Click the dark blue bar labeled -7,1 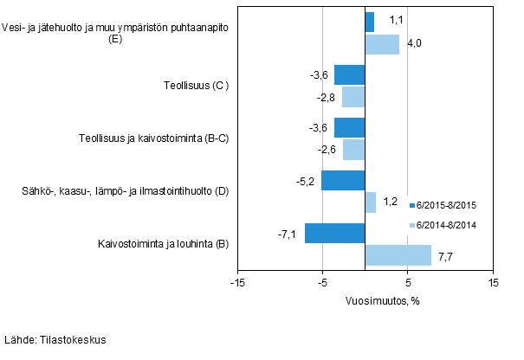(334, 233)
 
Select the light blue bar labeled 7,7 (398, 254)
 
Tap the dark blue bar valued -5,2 (343, 180)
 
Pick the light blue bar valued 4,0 (382, 44)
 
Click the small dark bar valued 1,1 (370, 22)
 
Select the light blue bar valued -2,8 (353, 97)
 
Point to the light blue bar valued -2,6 (354, 150)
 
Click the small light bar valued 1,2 (371, 202)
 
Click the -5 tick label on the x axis (322, 283)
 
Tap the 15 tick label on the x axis (492, 283)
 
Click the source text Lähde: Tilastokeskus (55, 340)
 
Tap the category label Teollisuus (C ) (196, 86)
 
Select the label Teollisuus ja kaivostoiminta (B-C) (153, 138)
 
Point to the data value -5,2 (306, 181)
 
